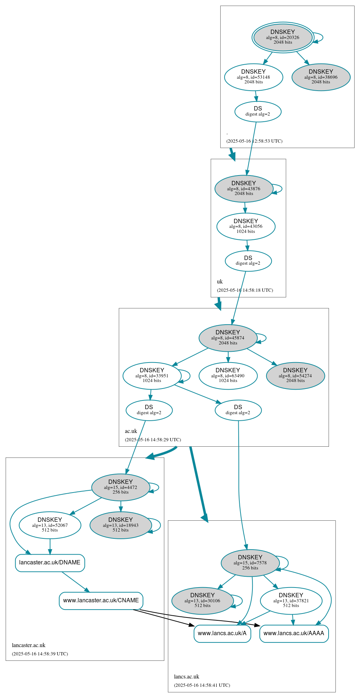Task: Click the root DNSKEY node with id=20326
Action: [x=283, y=37]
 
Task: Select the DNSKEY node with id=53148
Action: [x=253, y=77]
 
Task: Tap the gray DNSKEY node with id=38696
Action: [x=321, y=77]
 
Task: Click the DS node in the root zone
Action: [x=258, y=111]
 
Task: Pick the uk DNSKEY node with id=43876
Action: [x=244, y=188]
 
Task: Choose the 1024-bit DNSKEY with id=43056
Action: [x=246, y=226]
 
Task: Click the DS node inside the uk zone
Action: [x=248, y=261]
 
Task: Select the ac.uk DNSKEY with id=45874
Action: [x=228, y=338]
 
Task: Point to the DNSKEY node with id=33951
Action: [x=152, y=376]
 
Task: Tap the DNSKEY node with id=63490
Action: [x=228, y=376]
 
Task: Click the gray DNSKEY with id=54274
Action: [x=295, y=376]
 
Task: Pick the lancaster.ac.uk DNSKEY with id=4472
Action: [x=121, y=487]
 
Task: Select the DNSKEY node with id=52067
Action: [x=50, y=525]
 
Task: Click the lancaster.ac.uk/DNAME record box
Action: [x=50, y=563]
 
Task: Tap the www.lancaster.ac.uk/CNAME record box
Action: [x=101, y=601]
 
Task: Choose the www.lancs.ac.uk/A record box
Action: [x=222, y=633]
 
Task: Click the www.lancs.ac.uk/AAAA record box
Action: [x=294, y=633]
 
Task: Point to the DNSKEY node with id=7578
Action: [x=250, y=563]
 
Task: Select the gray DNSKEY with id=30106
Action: [x=203, y=601]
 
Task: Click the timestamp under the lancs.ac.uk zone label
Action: [x=202, y=685]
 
